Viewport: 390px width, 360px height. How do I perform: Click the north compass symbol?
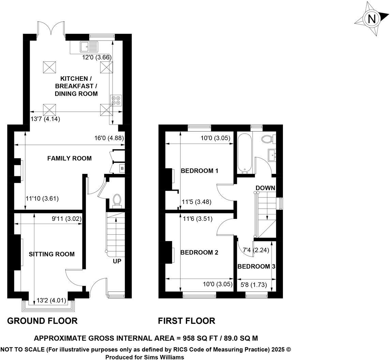click(372, 19)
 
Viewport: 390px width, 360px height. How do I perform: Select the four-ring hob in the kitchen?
click(116, 101)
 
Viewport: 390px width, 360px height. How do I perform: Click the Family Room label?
click(69, 158)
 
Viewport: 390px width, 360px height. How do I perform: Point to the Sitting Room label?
click(51, 254)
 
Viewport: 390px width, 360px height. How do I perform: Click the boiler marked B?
click(122, 168)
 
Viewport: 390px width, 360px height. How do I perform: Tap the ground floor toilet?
click(117, 200)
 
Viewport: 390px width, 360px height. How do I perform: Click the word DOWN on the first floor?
click(265, 188)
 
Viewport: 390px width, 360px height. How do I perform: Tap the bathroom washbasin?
click(273, 155)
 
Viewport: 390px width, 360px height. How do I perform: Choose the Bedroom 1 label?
click(199, 171)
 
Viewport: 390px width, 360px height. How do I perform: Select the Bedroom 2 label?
click(199, 253)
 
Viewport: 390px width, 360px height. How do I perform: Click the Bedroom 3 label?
click(256, 266)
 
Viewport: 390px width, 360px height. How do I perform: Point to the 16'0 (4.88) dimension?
click(109, 138)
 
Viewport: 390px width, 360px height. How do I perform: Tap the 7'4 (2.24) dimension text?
click(256, 250)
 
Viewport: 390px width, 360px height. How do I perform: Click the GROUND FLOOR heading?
click(42, 321)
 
